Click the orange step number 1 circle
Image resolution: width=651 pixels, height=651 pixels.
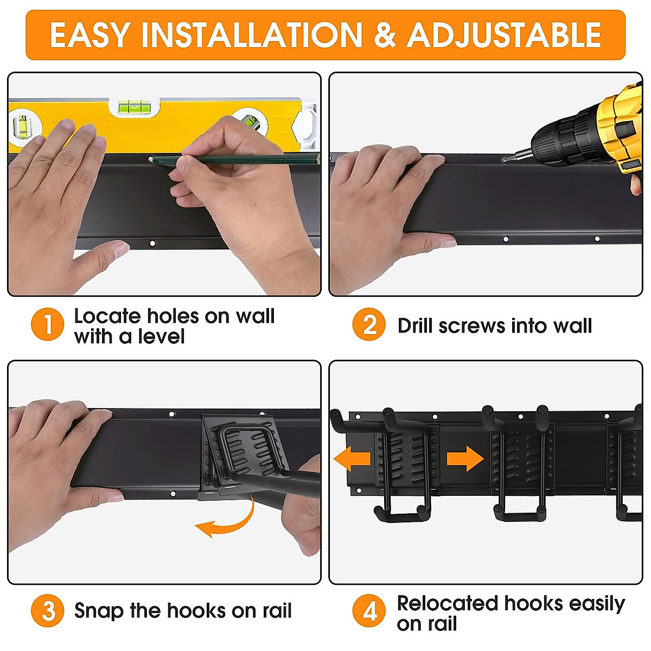point(48,324)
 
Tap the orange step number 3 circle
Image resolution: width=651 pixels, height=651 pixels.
point(48,611)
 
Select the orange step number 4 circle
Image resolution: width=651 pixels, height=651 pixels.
point(369,611)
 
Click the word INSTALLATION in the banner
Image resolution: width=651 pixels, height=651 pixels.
point(252,35)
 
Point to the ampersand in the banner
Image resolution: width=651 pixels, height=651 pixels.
point(385,35)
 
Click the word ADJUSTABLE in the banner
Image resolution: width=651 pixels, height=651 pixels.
point(504,35)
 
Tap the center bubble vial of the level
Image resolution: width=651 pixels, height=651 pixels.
point(135,107)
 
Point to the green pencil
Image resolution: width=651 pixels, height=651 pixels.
point(233,159)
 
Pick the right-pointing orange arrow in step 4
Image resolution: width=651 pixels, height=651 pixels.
point(465,459)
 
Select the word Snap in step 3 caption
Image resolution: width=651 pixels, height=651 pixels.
point(98,611)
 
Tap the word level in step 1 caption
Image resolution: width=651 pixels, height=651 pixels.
point(161,337)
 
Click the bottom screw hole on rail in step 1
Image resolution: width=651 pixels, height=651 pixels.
point(152,244)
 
